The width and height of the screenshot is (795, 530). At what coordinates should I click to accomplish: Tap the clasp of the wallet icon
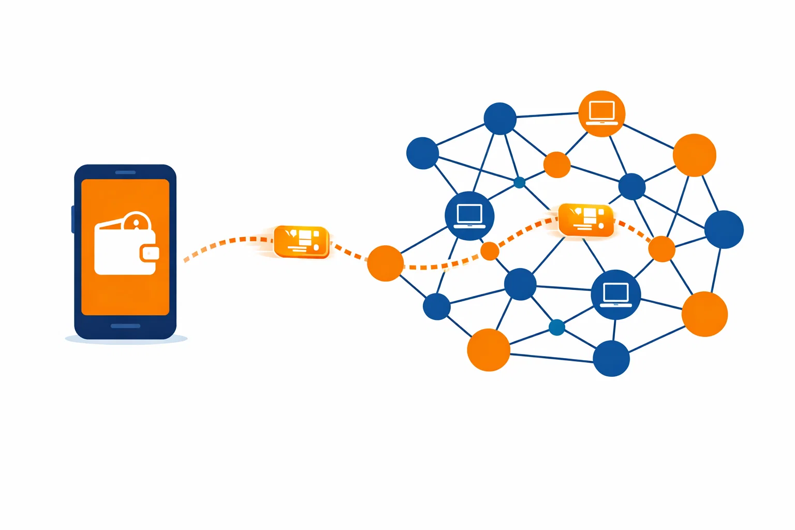click(150, 253)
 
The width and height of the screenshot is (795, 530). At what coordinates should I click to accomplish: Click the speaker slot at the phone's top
click(125, 172)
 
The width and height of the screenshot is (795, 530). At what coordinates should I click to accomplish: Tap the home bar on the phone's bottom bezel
click(125, 326)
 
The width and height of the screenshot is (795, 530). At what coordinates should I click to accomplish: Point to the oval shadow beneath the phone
click(126, 339)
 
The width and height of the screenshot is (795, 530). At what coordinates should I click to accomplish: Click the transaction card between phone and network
click(301, 241)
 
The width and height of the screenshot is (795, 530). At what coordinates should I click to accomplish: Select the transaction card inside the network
click(586, 220)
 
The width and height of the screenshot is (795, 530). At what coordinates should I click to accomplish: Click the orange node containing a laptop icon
click(601, 114)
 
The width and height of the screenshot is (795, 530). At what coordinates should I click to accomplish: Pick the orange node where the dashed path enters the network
click(385, 263)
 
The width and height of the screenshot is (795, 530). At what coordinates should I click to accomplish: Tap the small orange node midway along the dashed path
click(490, 251)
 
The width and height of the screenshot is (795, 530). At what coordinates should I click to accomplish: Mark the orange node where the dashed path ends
click(661, 249)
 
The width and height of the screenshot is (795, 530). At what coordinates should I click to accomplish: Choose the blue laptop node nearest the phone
click(469, 216)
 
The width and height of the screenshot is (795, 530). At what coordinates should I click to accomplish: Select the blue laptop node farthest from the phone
click(616, 295)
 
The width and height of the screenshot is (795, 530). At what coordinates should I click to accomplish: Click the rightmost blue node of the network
click(724, 229)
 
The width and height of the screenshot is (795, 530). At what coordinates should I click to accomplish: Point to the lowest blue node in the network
click(611, 358)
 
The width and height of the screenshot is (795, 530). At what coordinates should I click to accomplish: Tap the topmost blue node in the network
click(500, 119)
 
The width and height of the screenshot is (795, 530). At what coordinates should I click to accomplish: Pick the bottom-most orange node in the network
click(488, 350)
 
